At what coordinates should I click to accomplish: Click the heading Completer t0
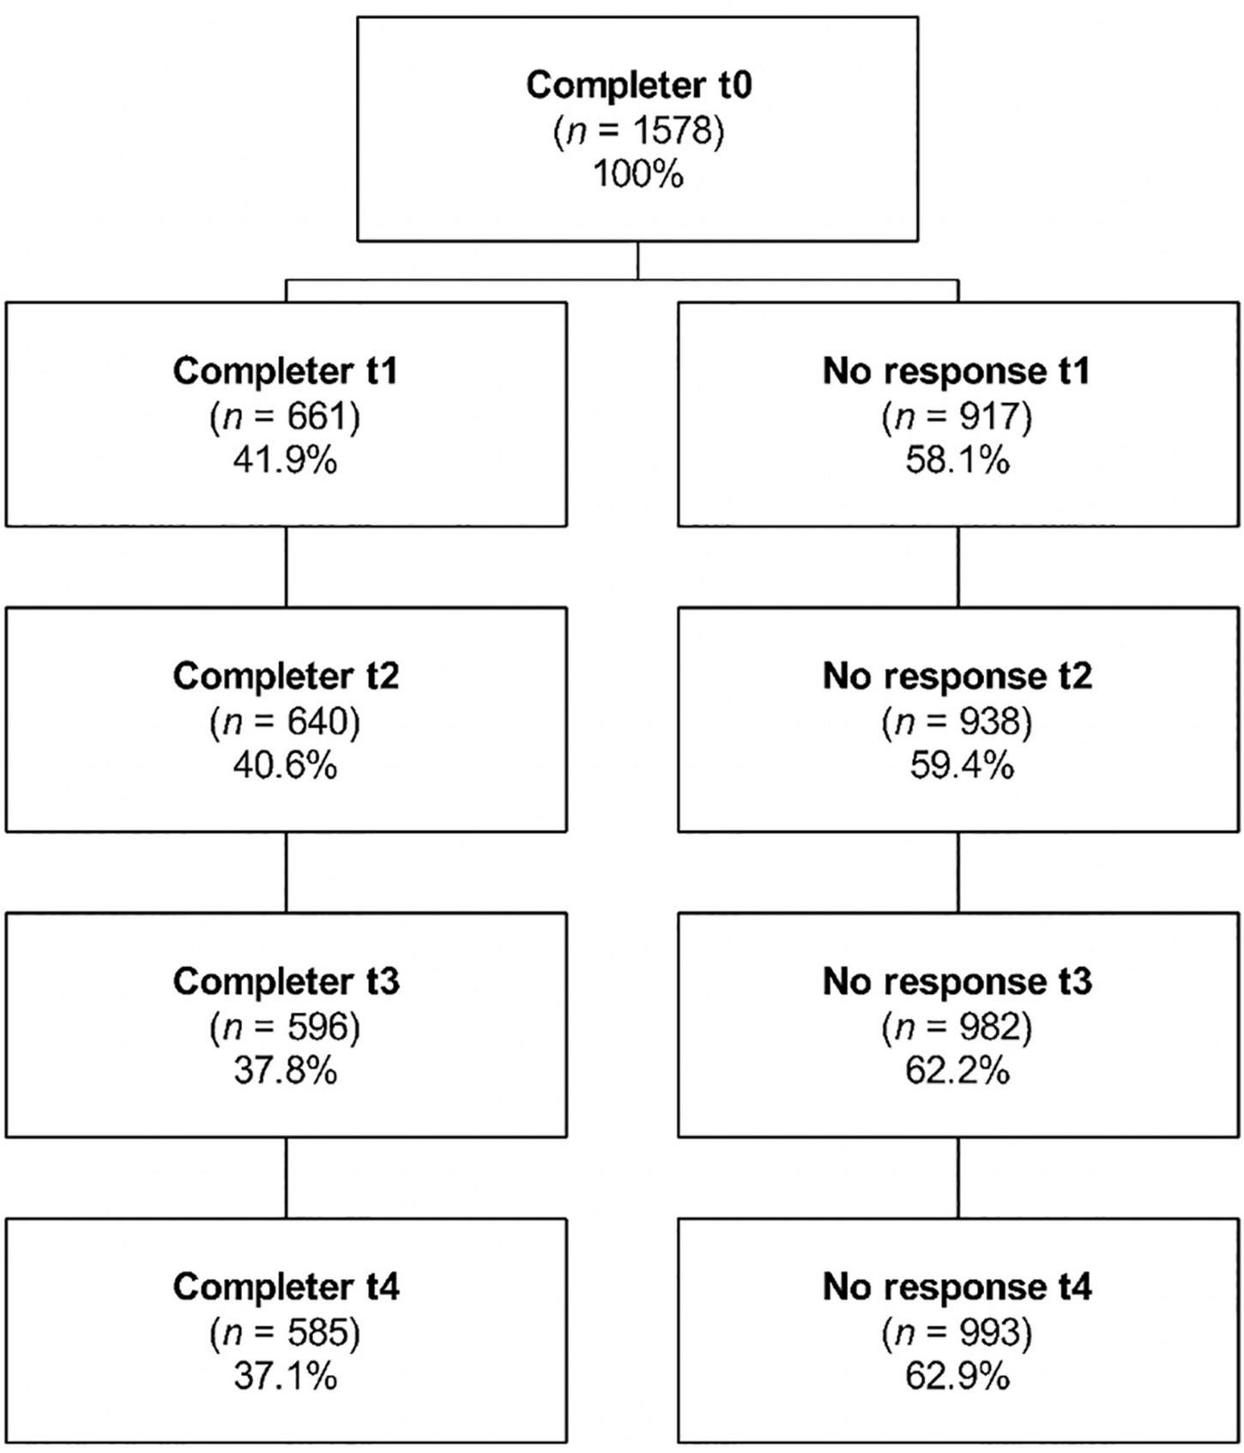[x=638, y=86]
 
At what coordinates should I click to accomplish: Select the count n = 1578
[x=638, y=131]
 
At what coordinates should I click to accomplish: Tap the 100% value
[x=638, y=175]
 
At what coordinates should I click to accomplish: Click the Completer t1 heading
[x=286, y=371]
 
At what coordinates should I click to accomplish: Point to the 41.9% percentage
[x=286, y=461]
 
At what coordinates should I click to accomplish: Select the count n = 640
[x=286, y=721]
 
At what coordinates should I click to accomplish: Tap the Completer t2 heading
[x=286, y=677]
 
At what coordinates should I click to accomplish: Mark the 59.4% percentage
[x=961, y=766]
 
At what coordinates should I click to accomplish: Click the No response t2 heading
[x=957, y=677]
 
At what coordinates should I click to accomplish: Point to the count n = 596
[x=286, y=1027]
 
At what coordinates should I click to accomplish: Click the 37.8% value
[x=286, y=1071]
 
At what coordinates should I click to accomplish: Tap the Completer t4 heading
[x=286, y=1287]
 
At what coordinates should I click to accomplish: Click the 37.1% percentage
[x=286, y=1377]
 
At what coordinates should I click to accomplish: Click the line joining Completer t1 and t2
[x=286, y=567]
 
